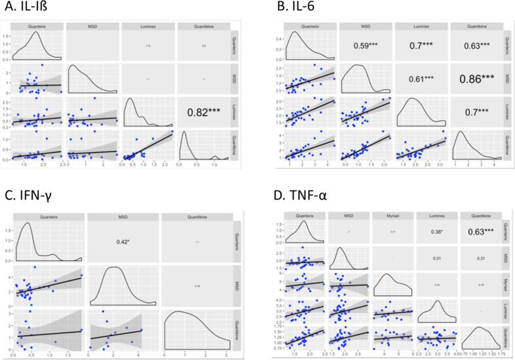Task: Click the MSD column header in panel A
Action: click(92, 26)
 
